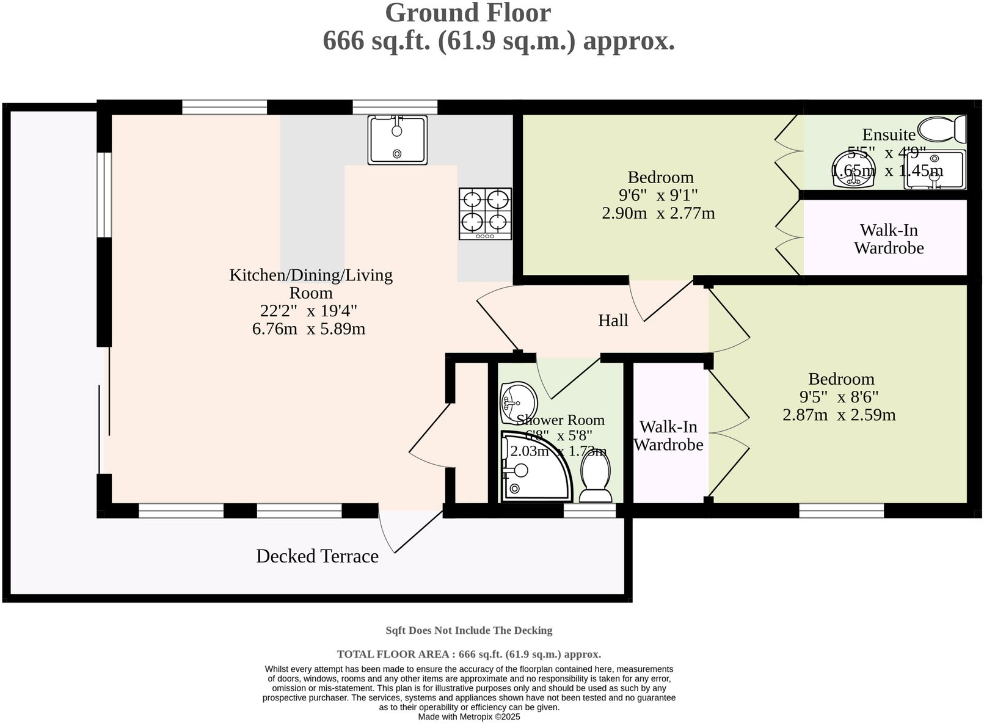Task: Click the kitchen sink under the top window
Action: [397, 140]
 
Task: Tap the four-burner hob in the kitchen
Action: [485, 213]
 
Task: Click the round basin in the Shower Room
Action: [517, 402]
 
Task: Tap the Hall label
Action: [613, 321]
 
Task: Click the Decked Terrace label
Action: [317, 556]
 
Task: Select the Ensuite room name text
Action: [888, 134]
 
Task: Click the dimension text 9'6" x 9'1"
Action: [658, 195]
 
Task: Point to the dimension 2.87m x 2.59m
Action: [839, 415]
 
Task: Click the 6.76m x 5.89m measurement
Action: [308, 329]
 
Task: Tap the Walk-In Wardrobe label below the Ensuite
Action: [888, 239]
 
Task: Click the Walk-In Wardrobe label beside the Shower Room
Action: [668, 435]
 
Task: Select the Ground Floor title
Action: [468, 13]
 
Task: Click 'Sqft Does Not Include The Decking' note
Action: [468, 630]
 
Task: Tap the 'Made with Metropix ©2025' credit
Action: [468, 717]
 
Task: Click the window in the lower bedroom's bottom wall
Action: [841, 510]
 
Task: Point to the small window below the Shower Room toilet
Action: [589, 510]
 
